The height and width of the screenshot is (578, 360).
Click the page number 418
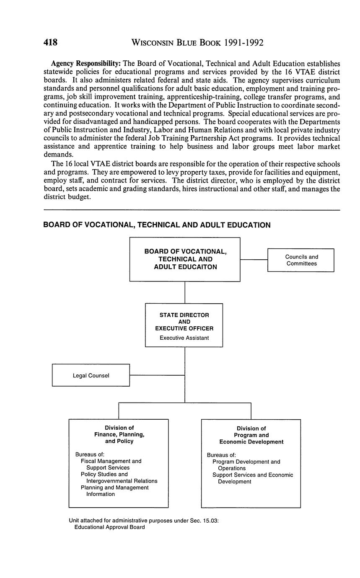point(50,42)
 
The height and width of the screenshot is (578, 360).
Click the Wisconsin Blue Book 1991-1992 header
point(197,42)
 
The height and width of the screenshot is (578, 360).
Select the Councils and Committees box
point(301,260)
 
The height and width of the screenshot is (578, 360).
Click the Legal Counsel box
point(91,375)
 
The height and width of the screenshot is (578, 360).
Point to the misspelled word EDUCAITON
point(197,267)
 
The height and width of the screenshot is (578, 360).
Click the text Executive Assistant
point(184,338)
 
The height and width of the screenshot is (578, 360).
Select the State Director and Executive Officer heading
point(184,322)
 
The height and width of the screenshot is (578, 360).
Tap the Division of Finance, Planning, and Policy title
point(119,434)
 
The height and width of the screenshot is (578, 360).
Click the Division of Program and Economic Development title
point(251,435)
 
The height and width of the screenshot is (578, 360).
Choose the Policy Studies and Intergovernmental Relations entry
point(119,477)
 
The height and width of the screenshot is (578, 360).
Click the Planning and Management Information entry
point(114,491)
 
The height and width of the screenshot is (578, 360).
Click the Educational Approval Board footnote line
point(109,527)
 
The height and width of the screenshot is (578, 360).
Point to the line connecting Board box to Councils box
point(254,260)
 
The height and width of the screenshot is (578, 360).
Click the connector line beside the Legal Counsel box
point(157,375)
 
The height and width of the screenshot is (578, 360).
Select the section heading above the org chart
point(157,225)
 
